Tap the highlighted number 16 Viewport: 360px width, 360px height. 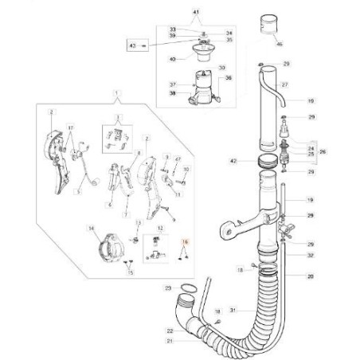pyautogui.click(x=185, y=241)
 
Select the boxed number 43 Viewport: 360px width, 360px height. pyautogui.click(x=133, y=47)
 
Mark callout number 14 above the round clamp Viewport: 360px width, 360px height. pyautogui.click(x=92, y=229)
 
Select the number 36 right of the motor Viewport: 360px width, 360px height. pyautogui.click(x=228, y=77)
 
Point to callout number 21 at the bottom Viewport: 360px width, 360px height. pyautogui.click(x=169, y=341)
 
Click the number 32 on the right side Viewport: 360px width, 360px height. pyautogui.click(x=310, y=255)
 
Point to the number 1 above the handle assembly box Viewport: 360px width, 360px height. pyautogui.click(x=117, y=94)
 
